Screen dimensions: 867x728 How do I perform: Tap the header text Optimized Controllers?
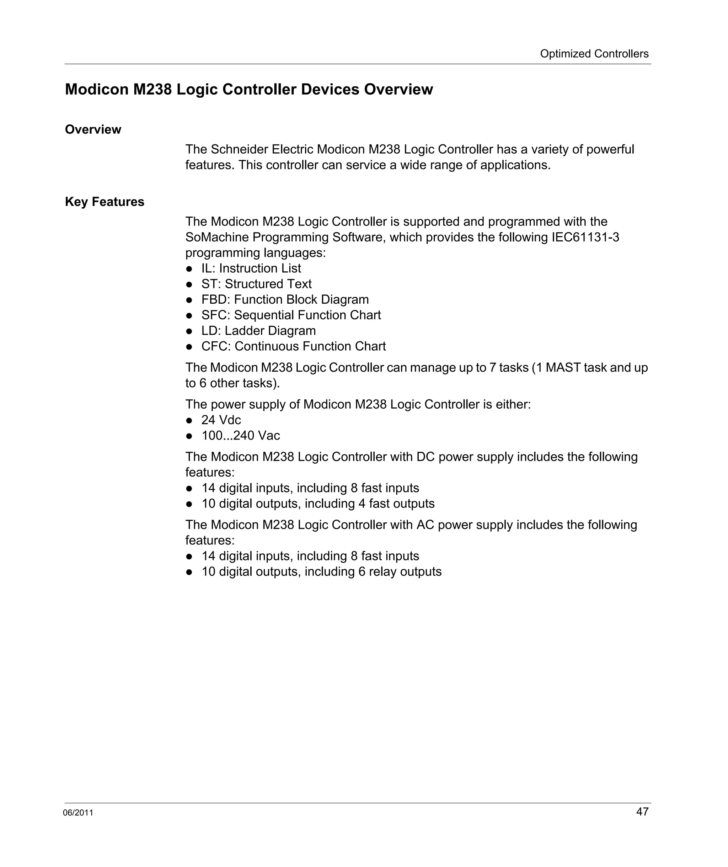594,54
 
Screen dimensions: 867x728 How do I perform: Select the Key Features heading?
105,202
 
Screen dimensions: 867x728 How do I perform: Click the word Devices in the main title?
330,90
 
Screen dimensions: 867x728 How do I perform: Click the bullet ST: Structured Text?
256,284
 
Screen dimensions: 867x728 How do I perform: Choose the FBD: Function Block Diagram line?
284,299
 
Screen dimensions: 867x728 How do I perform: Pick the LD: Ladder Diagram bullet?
258,331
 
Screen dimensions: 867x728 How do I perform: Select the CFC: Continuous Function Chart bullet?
293,346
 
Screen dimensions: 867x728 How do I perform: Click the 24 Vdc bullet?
221,420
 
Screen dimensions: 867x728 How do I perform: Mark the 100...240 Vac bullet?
240,436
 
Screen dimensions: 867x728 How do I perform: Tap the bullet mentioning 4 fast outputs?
317,504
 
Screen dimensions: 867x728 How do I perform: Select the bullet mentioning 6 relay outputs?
321,572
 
